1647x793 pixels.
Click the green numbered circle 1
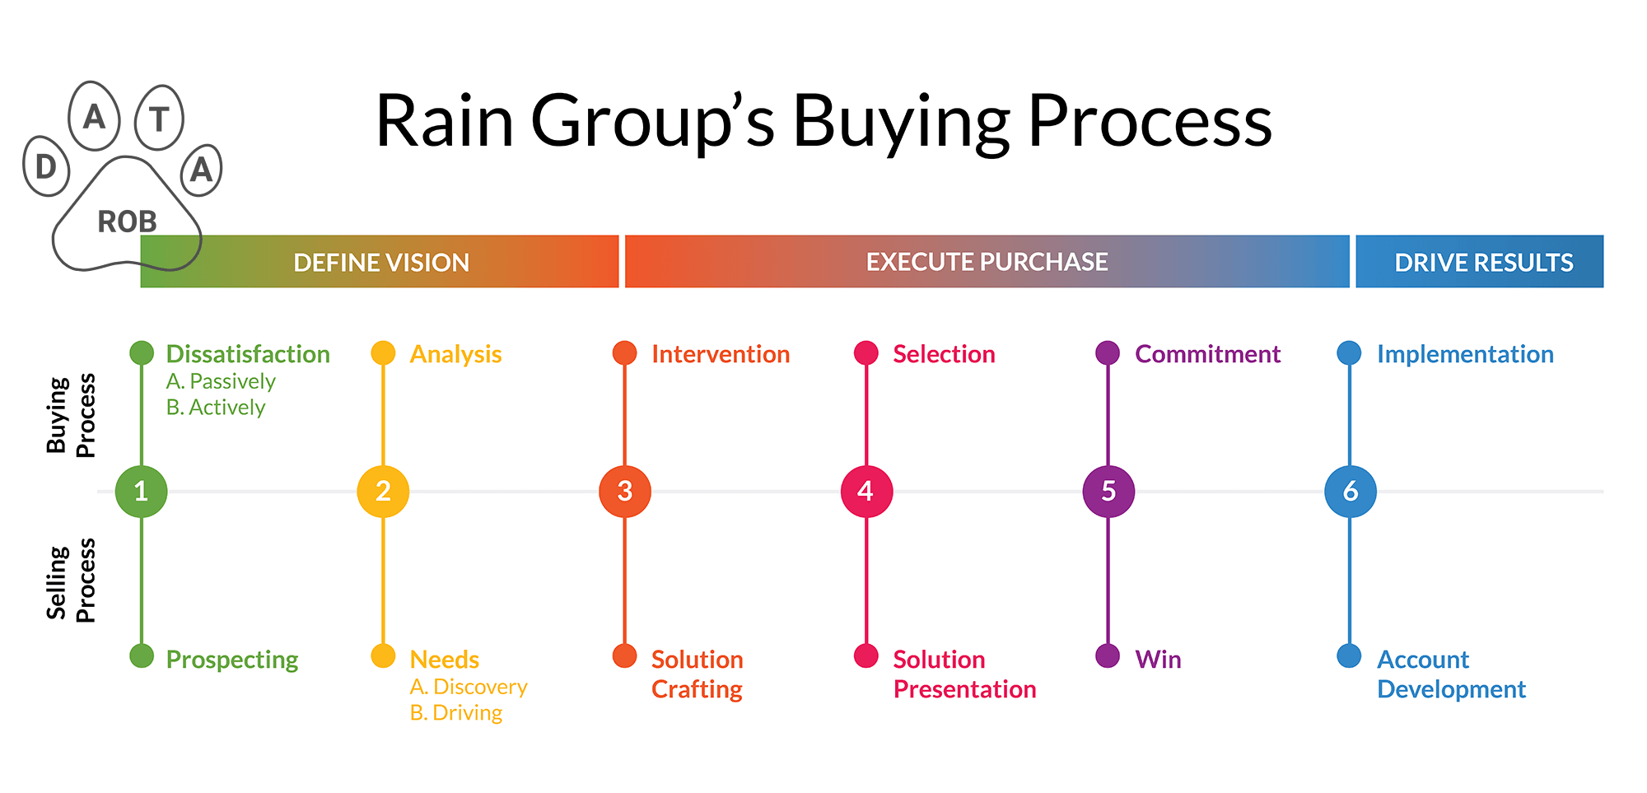pos(141,492)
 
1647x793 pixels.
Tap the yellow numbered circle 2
pos(383,492)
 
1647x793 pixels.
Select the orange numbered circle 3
pos(625,492)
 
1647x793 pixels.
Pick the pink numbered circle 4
pos(866,492)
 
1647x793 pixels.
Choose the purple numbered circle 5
pos(1108,492)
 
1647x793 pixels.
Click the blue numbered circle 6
pos(1351,492)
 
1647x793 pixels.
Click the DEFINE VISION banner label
pos(381,263)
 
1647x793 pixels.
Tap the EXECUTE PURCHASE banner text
pos(987,262)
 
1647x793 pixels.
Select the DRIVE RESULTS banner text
pos(1483,263)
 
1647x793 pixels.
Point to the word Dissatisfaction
pos(248,354)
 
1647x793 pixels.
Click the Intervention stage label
pos(721,354)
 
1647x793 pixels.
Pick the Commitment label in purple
pos(1207,354)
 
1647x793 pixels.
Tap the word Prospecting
pos(232,660)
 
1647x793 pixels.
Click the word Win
pos(1158,660)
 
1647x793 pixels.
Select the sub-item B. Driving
pos(456,712)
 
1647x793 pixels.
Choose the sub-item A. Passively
pos(221,381)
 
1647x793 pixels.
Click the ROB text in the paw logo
pos(127,222)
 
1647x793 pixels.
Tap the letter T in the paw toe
pos(160,119)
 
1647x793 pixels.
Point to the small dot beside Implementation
pos(1349,353)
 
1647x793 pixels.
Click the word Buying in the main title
pos(901,122)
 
